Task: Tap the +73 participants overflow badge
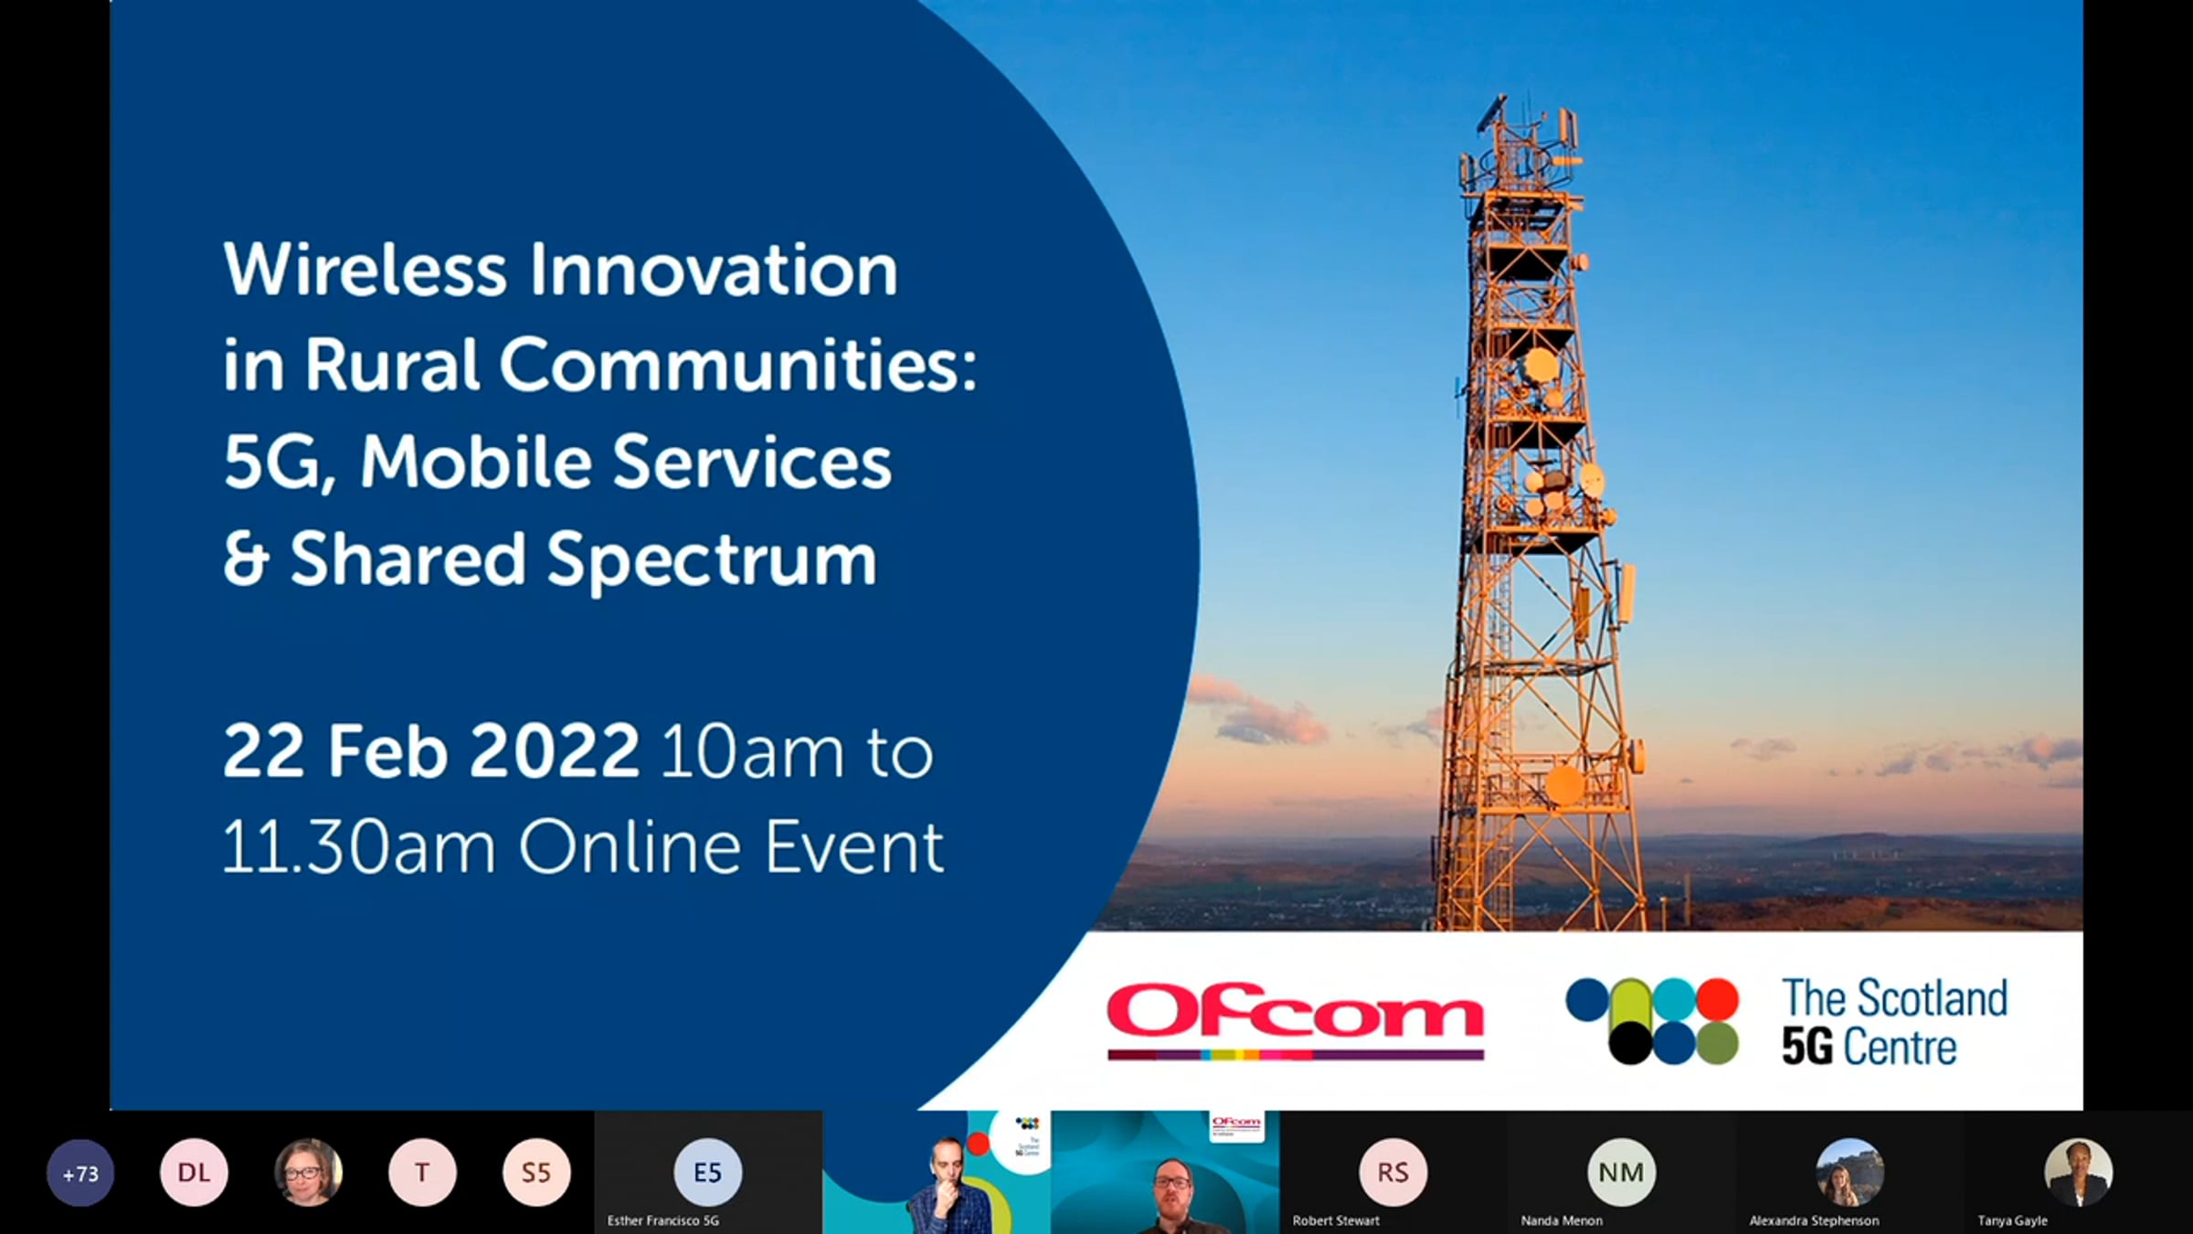[80, 1173]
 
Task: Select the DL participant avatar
[194, 1173]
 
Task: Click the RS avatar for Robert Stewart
[1393, 1173]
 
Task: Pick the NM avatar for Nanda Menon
[1621, 1173]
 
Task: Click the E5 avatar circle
[707, 1173]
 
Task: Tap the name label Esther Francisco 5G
[663, 1220]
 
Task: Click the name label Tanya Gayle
[2012, 1220]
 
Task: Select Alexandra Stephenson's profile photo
[1849, 1173]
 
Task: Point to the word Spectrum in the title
[712, 560]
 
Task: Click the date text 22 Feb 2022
[430, 751]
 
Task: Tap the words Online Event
[731, 846]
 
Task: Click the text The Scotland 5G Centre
[1894, 1022]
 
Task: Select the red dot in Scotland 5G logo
[1718, 999]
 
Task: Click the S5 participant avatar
[536, 1173]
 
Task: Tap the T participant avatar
[422, 1173]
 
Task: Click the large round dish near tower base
[1564, 785]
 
